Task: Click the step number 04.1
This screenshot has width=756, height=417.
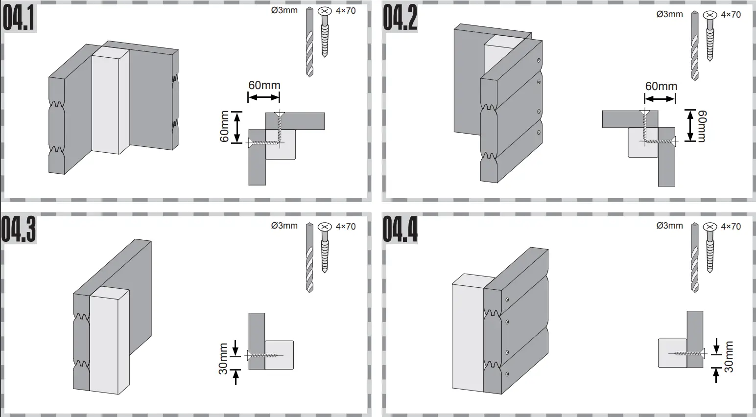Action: coord(19,19)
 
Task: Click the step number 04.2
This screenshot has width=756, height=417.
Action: coord(400,19)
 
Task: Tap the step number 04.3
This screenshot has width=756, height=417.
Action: coord(19,230)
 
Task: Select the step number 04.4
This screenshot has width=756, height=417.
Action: coord(400,230)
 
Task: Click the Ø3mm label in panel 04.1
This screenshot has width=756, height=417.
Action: coord(284,10)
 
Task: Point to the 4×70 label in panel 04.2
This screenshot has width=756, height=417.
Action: coord(731,15)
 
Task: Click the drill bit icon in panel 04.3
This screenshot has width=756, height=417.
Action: coord(309,257)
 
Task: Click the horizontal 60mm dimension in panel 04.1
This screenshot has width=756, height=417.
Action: coord(264,86)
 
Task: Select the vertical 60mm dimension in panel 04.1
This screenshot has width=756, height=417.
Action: coord(225,127)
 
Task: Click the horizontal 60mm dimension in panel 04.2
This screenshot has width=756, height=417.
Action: coord(661,87)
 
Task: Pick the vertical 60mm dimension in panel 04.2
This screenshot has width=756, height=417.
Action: coord(701,126)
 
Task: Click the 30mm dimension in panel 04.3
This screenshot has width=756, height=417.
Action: coord(223,359)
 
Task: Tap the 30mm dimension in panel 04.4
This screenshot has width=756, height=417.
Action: coord(729,357)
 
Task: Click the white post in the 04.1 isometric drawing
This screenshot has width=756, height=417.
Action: coord(110,100)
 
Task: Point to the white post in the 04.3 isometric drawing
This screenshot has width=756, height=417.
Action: coord(109,340)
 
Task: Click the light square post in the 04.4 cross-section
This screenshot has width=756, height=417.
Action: coord(672,352)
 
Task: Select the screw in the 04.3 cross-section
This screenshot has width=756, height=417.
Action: coord(263,355)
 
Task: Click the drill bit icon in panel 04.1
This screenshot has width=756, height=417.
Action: coord(309,42)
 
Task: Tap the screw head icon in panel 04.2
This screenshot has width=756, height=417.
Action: coord(709,15)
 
